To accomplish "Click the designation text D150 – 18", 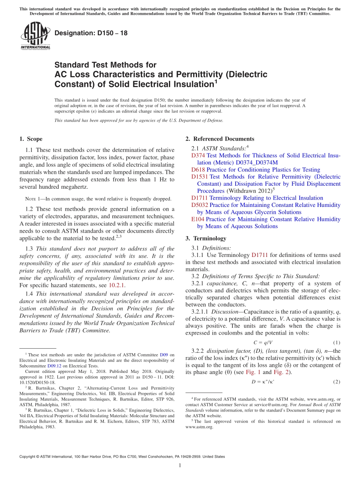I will click(x=91, y=33).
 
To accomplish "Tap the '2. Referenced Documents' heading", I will click(x=220, y=139).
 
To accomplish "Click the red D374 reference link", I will click(x=198, y=155).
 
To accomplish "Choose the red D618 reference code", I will click(x=198, y=170).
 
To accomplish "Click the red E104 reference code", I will click(x=198, y=219).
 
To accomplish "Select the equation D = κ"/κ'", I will click(x=263, y=382).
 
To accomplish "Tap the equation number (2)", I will click(x=337, y=382).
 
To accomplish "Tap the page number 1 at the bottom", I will click(x=180, y=466).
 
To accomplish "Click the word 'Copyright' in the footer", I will click(x=28, y=457).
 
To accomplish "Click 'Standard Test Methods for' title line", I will click(x=105, y=65).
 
